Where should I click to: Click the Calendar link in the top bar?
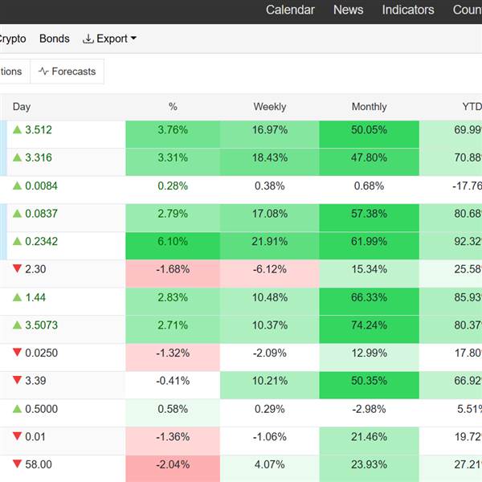pos(290,10)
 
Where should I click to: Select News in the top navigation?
pos(348,10)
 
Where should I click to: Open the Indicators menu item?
pos(408,10)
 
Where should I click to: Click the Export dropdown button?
pos(110,39)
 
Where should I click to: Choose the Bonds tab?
pos(55,39)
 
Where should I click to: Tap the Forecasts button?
pos(67,71)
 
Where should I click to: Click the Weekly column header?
pos(270,107)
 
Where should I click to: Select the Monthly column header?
pos(369,107)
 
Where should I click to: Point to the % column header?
pos(173,107)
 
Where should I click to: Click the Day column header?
pos(22,107)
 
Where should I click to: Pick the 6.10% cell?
pos(173,242)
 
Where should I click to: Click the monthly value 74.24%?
pos(369,325)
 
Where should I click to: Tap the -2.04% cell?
pos(173,464)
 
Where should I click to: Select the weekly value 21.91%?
pos(270,242)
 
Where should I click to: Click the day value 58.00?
pos(39,464)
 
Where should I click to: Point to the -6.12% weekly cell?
pos(270,270)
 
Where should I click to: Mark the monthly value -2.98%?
pos(369,409)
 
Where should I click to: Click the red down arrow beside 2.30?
pos(17,269)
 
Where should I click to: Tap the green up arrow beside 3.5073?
pos(17,325)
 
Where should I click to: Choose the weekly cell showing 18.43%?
pos(270,158)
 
